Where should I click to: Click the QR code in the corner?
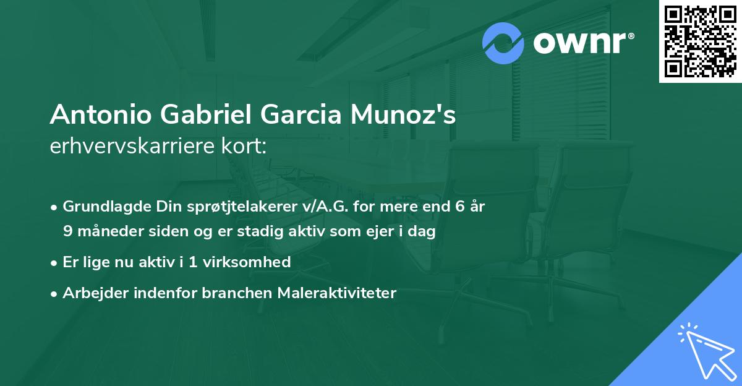pyautogui.click(x=701, y=41)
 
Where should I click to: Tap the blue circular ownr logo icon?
pyautogui.click(x=503, y=43)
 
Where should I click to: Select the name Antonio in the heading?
pyautogui.click(x=101, y=115)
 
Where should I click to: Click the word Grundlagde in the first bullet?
pyautogui.click(x=102, y=207)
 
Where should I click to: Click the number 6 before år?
pyautogui.click(x=460, y=207)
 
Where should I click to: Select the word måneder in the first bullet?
pyautogui.click(x=108, y=232)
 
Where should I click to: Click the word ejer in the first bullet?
pyautogui.click(x=384, y=232)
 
